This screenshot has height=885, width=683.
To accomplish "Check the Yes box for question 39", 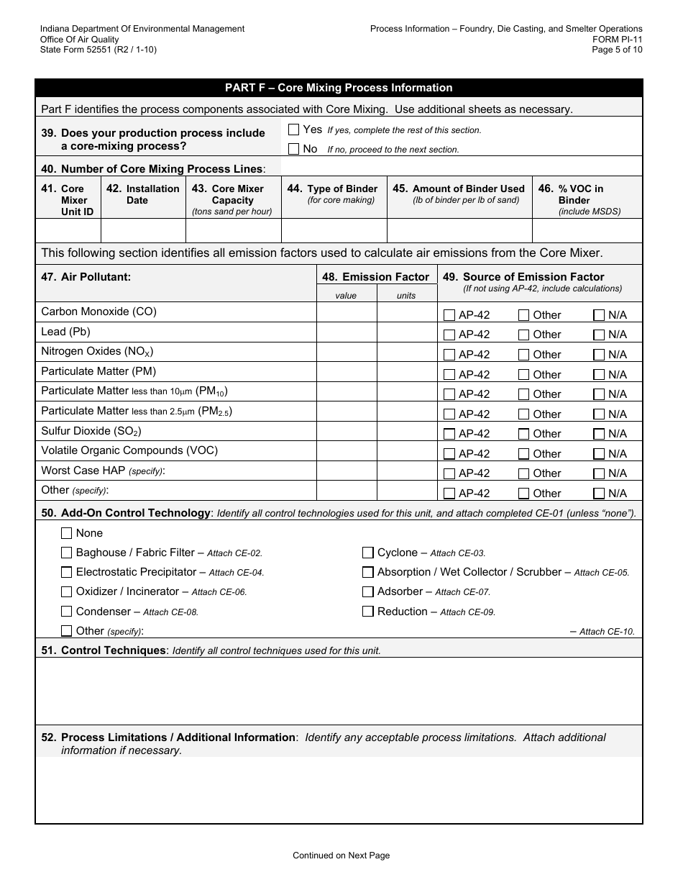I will click(x=293, y=130).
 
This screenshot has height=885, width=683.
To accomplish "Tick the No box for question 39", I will click(x=293, y=149).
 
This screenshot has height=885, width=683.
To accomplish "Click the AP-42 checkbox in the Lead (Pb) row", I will click(x=449, y=335).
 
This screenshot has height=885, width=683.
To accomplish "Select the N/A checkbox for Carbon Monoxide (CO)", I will click(x=599, y=315).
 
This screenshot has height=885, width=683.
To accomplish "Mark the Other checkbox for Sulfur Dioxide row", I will click(x=524, y=434).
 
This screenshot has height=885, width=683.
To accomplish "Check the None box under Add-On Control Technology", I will click(x=67, y=533).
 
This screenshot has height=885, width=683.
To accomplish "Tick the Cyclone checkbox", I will click(x=368, y=553).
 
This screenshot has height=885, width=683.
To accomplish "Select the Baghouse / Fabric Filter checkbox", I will click(x=67, y=553).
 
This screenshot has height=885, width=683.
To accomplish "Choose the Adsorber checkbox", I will click(x=368, y=591).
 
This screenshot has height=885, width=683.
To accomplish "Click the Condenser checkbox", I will click(x=67, y=612).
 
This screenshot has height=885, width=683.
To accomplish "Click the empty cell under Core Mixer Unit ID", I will click(x=68, y=231).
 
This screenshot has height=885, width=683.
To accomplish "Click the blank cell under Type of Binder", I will click(x=334, y=231).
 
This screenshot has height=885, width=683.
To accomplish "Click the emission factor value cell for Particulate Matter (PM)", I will click(x=347, y=371).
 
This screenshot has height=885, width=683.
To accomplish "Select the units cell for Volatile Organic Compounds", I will click(x=406, y=451).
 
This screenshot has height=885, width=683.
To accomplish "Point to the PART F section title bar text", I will click(x=339, y=88).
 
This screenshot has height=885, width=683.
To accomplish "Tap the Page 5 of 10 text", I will click(x=617, y=50).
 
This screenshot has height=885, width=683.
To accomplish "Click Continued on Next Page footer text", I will click(x=341, y=855).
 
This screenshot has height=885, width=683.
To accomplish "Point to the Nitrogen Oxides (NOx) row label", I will click(x=97, y=352).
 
